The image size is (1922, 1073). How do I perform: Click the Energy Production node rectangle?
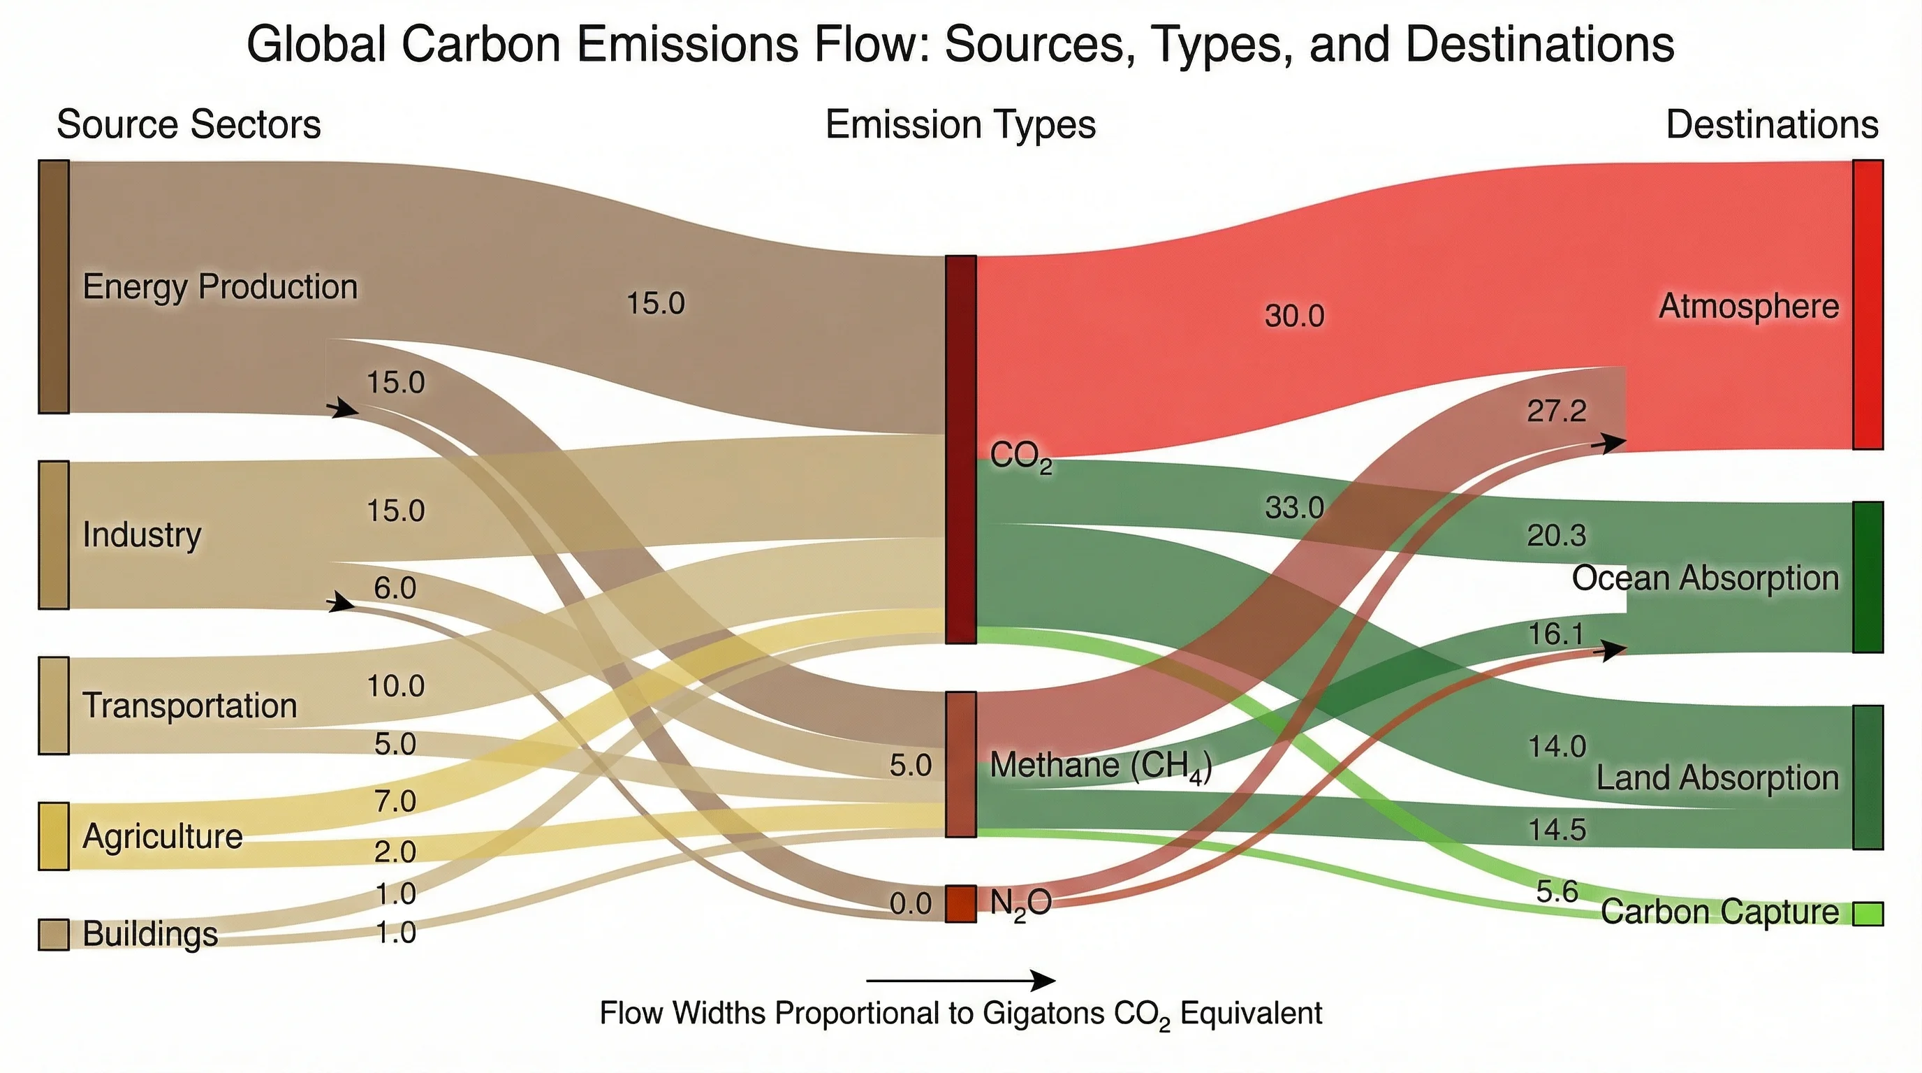[x=54, y=286]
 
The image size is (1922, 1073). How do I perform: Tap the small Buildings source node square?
[x=54, y=934]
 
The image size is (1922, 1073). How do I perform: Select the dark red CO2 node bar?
[x=961, y=449]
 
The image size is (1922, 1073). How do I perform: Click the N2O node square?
[x=961, y=904]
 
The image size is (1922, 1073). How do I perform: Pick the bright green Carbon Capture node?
[x=1868, y=913]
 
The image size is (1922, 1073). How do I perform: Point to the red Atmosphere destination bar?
[x=1868, y=305]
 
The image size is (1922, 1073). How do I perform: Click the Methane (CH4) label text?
[x=1100, y=766]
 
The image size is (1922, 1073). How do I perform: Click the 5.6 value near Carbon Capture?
[x=1557, y=891]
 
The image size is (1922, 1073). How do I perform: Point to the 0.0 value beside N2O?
[x=910, y=905]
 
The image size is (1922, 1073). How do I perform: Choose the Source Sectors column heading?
[x=188, y=124]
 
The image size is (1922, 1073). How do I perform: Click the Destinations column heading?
[x=1771, y=124]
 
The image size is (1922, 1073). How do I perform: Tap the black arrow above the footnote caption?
[x=961, y=979]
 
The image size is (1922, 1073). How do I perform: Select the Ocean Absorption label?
[x=1705, y=578]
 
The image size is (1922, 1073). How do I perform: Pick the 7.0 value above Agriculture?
[x=395, y=801]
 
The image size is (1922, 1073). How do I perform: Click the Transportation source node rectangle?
[x=54, y=706]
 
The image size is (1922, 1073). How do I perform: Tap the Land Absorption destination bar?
[x=1868, y=777]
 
